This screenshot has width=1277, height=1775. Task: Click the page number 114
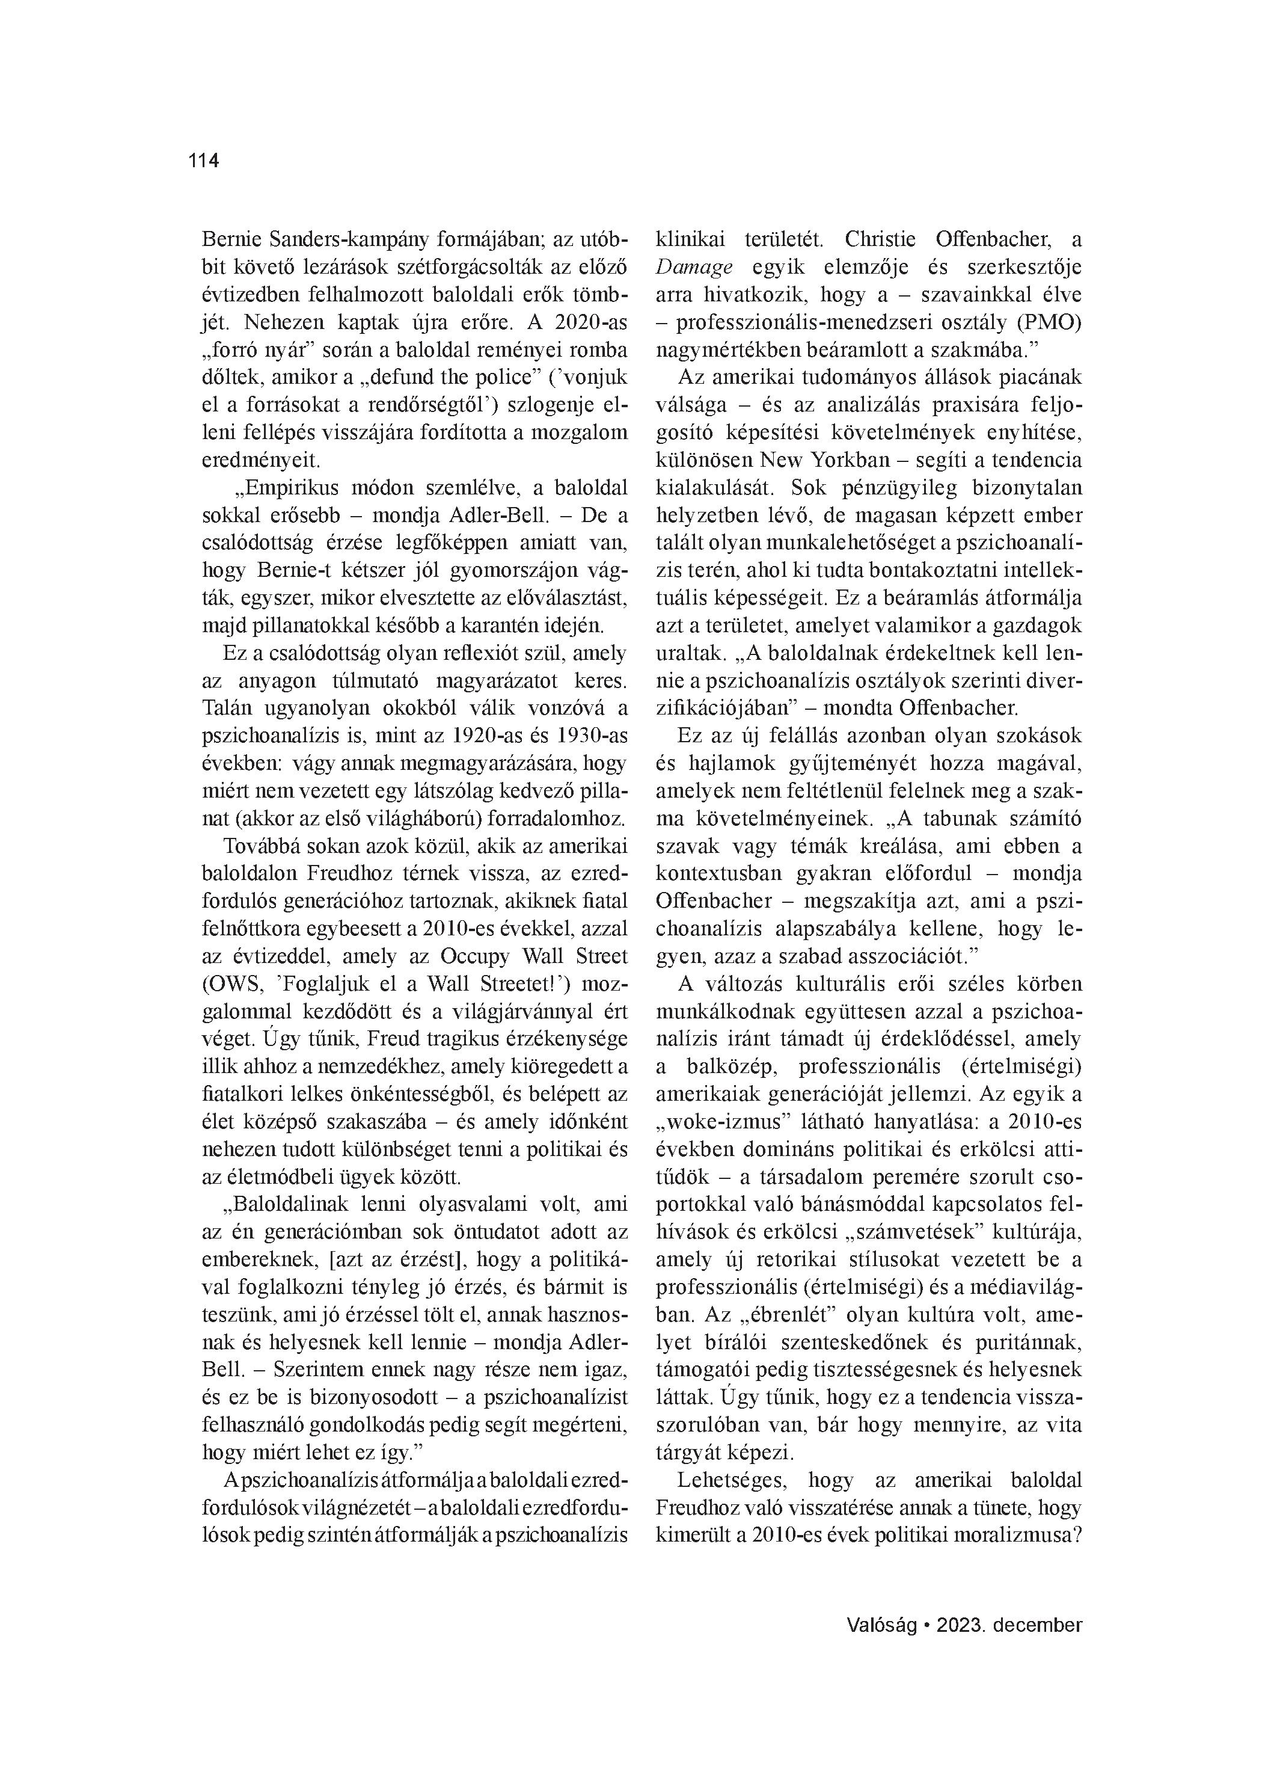[203, 161]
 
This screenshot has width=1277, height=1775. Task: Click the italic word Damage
[694, 267]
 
